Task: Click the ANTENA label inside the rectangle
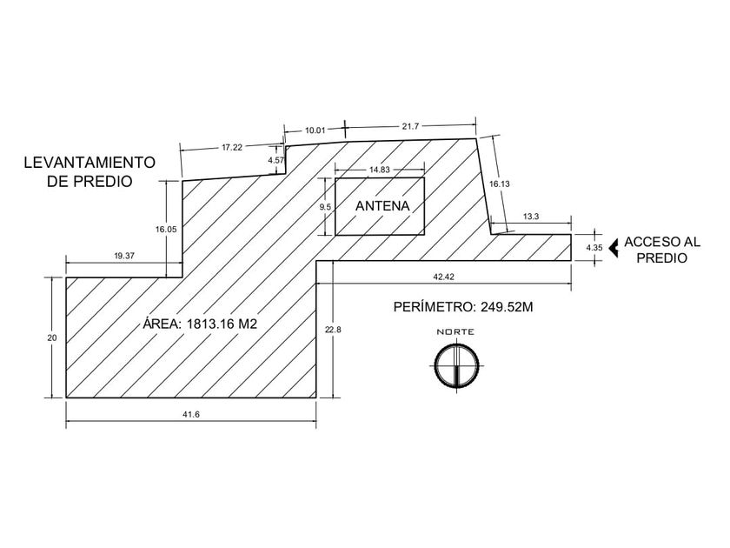(382, 206)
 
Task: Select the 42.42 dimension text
(442, 277)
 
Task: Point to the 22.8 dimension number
(332, 330)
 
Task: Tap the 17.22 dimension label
(231, 147)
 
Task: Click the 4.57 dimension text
(275, 161)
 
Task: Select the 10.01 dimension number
(315, 130)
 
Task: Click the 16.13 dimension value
(499, 184)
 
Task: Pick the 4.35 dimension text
(594, 248)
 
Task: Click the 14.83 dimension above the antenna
(379, 169)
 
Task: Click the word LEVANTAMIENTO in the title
(89, 163)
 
